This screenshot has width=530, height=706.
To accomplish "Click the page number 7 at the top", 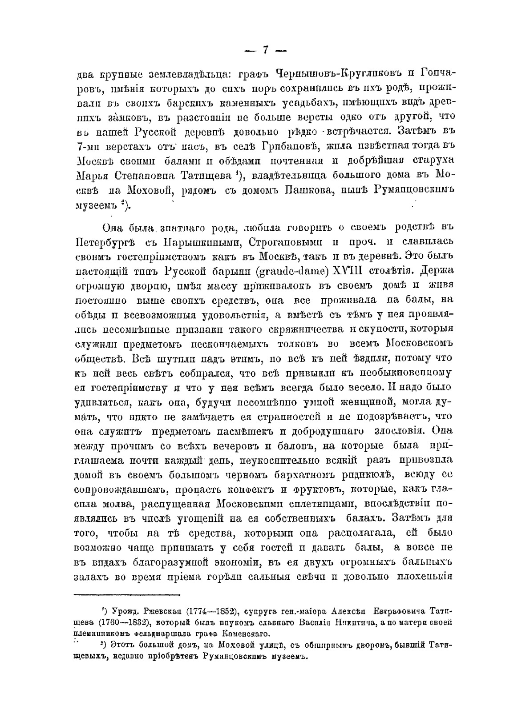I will (265, 50).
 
